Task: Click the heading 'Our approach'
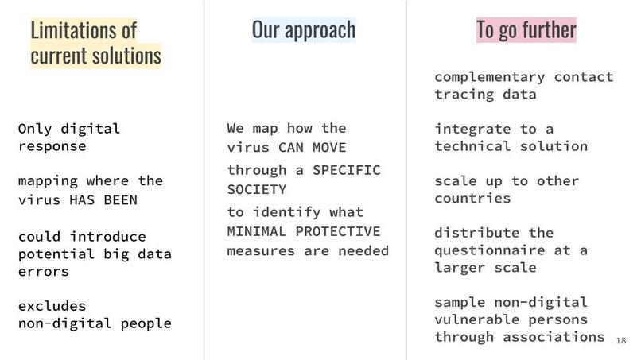coord(303,29)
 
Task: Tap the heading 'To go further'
coord(526,29)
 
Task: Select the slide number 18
coord(621,340)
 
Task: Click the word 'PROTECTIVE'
coord(337,231)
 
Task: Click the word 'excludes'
coord(52,306)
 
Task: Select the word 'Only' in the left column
coord(34,128)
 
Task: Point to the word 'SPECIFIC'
coord(347,170)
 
